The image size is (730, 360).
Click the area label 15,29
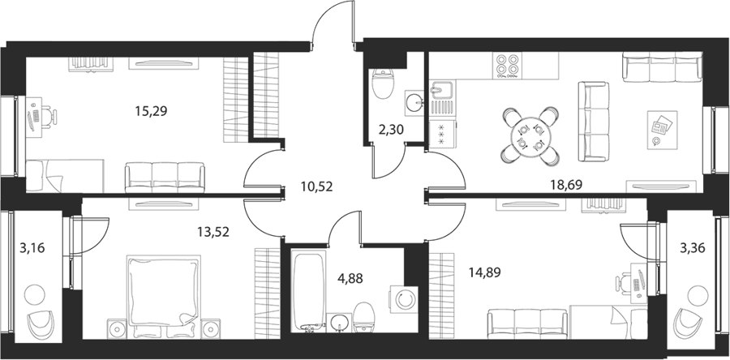tap(151, 111)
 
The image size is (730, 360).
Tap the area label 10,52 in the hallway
tap(317, 188)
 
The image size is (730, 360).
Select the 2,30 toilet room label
tap(391, 130)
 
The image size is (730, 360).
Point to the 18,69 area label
tap(567, 186)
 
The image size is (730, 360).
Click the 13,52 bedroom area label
tap(213, 232)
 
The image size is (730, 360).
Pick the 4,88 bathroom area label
tap(349, 279)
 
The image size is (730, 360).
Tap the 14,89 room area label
tap(485, 272)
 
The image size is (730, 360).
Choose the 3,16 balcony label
tap(32, 248)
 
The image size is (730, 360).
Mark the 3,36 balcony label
tap(693, 248)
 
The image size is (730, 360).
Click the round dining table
tap(530, 136)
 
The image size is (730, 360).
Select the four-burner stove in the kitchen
tap(508, 66)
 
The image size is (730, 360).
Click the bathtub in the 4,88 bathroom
tap(308, 292)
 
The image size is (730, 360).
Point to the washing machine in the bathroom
tap(403, 300)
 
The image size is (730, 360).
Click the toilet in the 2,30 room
tap(384, 84)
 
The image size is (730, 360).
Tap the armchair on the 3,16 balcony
tap(41, 324)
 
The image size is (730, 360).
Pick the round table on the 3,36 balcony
tap(698, 294)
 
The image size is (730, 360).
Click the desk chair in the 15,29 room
tap(49, 117)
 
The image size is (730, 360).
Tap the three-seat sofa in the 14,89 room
tap(527, 324)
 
